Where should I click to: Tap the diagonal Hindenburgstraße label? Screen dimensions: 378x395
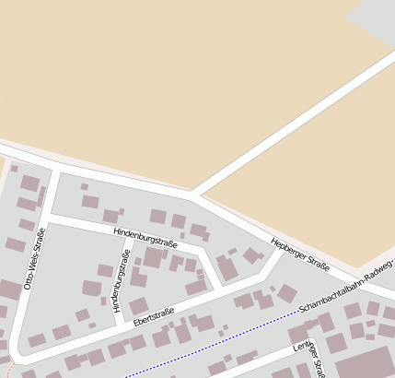146,236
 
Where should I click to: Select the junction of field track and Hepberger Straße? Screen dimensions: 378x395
192,195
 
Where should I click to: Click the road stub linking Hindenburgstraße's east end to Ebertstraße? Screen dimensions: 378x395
211,271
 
